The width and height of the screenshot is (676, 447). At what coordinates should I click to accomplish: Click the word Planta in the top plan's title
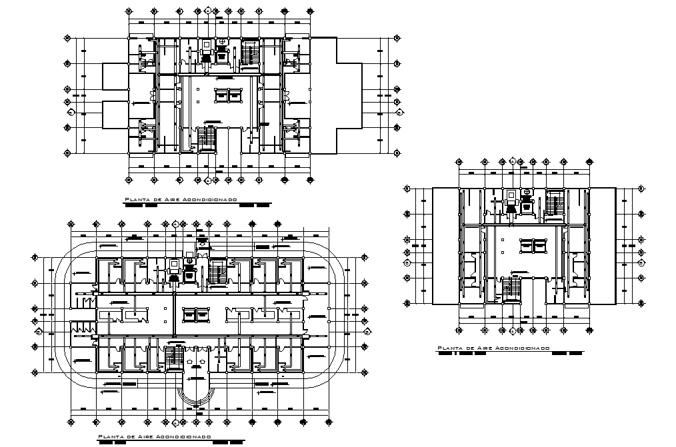pos(136,199)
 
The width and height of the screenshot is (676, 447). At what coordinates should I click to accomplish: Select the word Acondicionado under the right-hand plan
pos(526,348)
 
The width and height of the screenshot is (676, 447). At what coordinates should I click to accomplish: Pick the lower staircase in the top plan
pos(207,139)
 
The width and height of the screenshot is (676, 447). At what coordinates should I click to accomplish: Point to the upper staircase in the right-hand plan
pos(555,203)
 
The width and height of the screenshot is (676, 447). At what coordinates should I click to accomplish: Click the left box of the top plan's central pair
pos(221,96)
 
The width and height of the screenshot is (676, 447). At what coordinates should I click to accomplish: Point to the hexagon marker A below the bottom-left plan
pos(175,422)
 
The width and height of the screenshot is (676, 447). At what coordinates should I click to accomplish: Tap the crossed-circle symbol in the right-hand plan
pos(527,193)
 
